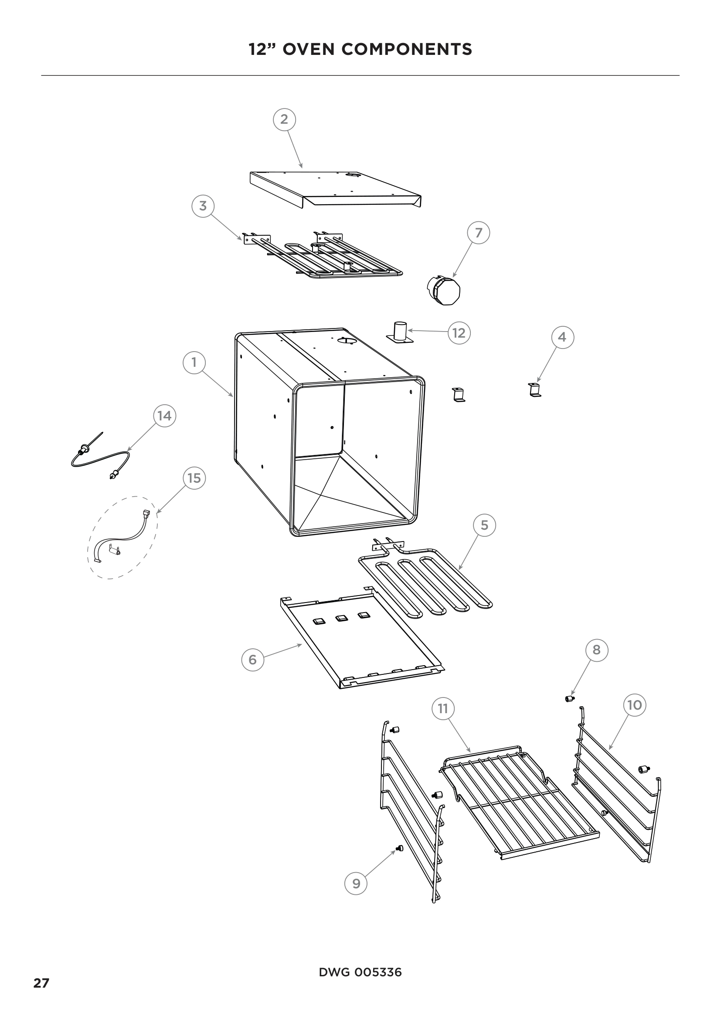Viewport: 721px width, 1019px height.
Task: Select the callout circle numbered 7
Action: (479, 233)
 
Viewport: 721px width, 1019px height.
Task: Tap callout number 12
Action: (459, 332)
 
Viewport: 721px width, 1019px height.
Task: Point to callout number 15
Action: (194, 478)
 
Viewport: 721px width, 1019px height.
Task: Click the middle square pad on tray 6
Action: (341, 618)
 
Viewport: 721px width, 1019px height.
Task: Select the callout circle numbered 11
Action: (442, 708)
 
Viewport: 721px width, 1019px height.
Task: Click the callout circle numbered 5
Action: (484, 525)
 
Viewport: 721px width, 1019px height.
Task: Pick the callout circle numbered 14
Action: (164, 416)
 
